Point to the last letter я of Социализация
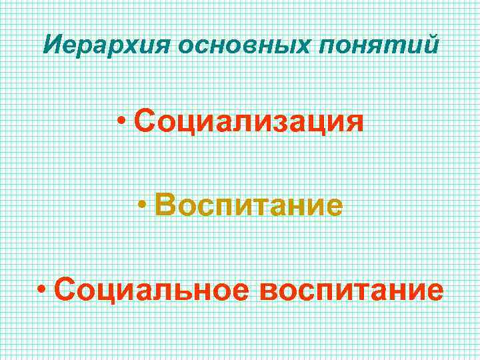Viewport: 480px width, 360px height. tap(353, 123)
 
